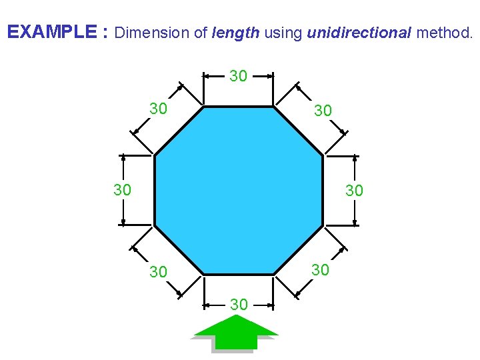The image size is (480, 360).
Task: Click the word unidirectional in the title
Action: [359, 32]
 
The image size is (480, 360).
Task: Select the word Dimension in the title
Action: [154, 32]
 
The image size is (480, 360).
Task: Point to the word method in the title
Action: [443, 32]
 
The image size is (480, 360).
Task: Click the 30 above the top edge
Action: [239, 77]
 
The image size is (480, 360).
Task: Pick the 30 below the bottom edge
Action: [239, 305]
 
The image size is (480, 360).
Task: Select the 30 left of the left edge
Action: [122, 191]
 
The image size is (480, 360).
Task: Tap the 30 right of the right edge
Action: [354, 191]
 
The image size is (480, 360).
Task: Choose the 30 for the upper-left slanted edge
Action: [158, 109]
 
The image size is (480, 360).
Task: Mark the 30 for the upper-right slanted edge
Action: [323, 111]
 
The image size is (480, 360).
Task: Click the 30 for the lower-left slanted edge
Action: [158, 272]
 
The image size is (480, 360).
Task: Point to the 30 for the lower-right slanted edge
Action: [321, 269]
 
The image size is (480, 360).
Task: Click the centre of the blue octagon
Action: [239, 191]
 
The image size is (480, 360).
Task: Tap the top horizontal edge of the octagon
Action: [239, 106]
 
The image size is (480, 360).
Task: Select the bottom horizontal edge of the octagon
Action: [239, 274]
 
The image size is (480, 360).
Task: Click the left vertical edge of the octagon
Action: [155, 191]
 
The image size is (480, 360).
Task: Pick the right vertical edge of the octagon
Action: [323, 191]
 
